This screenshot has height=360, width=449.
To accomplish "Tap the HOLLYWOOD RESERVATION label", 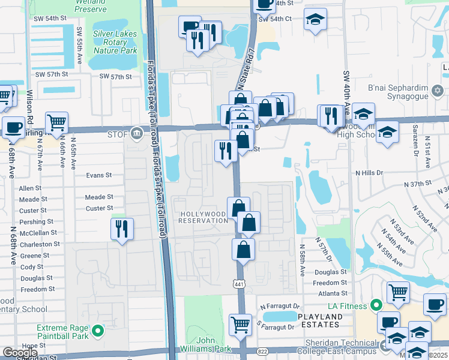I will pos(203,217).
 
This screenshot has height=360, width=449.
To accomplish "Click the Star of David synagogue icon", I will pos(438,92).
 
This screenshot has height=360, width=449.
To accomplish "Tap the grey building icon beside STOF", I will pos(138,133).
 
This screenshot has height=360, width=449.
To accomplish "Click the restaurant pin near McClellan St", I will pos(122,229).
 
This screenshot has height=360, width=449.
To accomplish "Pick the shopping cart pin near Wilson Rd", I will pos(56,122).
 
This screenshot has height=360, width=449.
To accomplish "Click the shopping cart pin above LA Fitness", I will pos(398,293).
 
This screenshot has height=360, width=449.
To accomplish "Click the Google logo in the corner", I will pos(20,353).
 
